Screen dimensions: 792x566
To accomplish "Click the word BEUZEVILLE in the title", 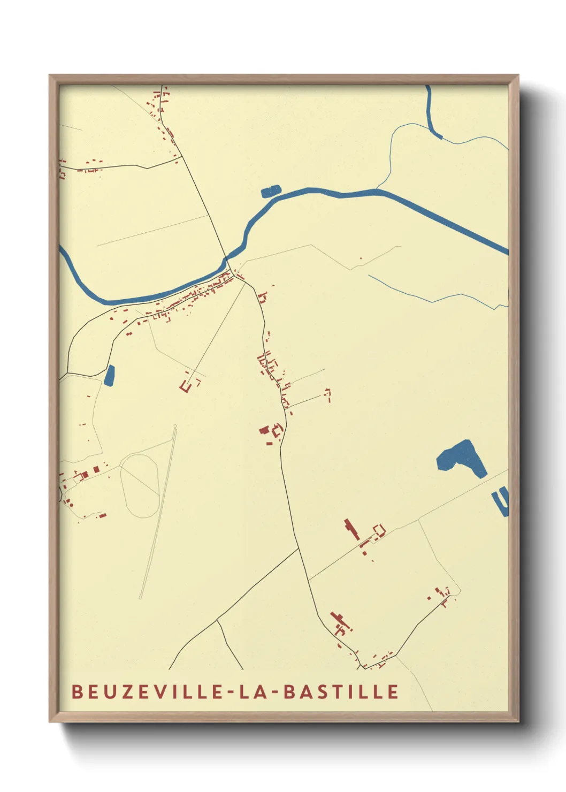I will tap(148, 692).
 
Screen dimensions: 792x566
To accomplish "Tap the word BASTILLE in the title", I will tap(341, 692).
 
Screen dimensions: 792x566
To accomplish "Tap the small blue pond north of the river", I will tap(271, 191).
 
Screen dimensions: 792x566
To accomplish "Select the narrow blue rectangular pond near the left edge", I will tap(110, 375).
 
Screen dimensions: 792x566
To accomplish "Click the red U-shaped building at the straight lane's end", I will tap(187, 386).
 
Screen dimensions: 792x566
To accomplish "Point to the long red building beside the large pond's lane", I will tap(351, 529).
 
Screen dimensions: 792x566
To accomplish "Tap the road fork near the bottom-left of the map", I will tap(217, 620).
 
